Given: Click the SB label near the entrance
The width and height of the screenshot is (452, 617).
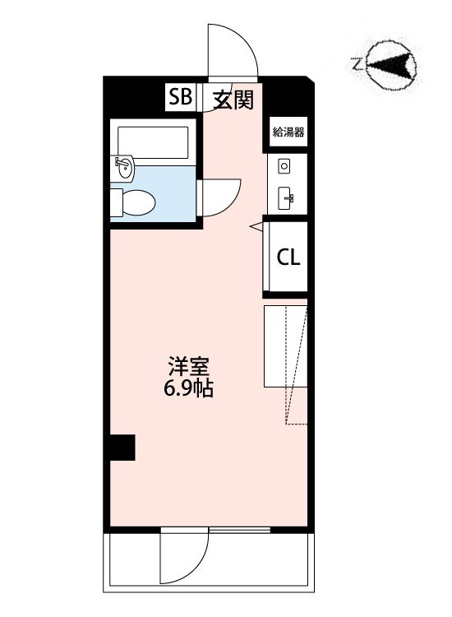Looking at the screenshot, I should coord(181,99).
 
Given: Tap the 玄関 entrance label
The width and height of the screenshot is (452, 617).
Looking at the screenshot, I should coord(233,100).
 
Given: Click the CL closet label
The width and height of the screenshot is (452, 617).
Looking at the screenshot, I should coord(288,257).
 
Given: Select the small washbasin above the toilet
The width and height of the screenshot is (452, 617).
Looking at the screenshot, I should coord(124,167).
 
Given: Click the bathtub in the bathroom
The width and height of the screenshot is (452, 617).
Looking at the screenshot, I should coord(154,141).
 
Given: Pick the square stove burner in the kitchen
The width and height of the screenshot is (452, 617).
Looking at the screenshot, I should coord(284,166).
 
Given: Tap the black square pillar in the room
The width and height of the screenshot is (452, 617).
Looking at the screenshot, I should coord(122,448).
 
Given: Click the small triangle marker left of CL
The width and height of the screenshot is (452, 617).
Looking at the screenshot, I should coord(256,224).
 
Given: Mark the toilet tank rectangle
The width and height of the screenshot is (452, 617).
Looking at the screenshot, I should coord(116,200).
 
